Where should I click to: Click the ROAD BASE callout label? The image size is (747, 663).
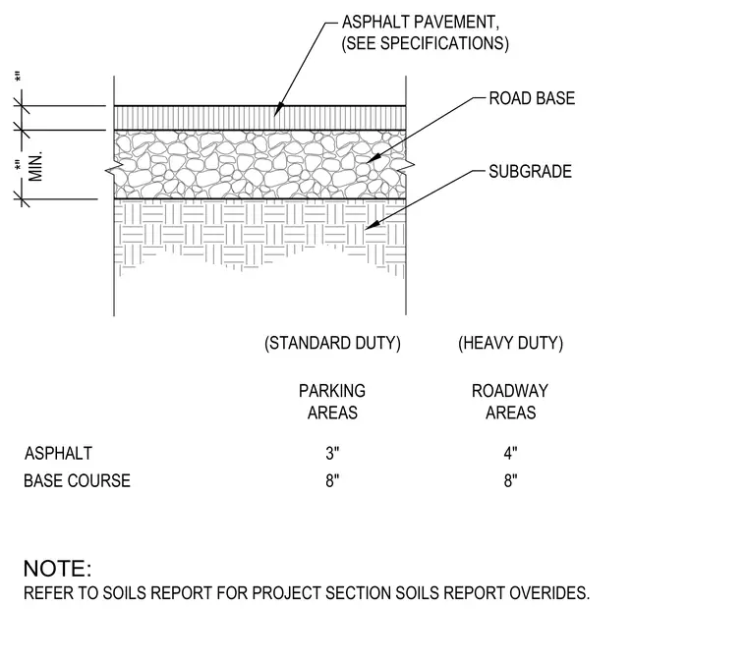click(x=532, y=98)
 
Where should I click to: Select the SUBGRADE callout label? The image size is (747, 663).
click(x=530, y=171)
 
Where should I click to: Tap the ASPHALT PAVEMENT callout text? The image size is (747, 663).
click(x=421, y=23)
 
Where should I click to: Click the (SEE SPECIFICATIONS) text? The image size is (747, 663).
click(x=425, y=43)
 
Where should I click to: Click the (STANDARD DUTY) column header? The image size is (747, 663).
click(x=332, y=343)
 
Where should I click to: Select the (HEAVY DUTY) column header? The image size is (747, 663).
click(x=511, y=343)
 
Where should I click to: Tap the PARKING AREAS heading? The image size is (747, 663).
click(x=332, y=402)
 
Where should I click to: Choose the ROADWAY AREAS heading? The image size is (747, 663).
click(x=510, y=402)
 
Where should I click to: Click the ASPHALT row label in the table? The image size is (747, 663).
click(x=58, y=453)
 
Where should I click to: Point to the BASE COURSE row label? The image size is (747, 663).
click(x=78, y=480)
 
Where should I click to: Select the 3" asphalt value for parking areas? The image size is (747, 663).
click(x=332, y=453)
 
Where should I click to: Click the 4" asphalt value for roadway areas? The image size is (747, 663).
click(x=511, y=453)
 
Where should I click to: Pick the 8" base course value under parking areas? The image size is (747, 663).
click(x=332, y=480)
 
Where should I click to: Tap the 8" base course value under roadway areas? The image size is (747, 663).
click(x=511, y=480)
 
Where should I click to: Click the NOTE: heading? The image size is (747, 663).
click(x=58, y=569)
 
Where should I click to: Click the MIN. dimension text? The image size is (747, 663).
click(x=35, y=167)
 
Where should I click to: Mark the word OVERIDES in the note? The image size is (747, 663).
click(x=549, y=593)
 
